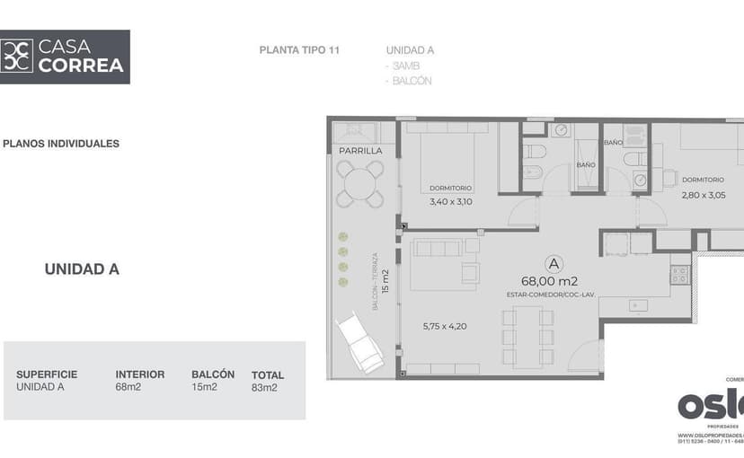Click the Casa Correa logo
(x=65, y=57)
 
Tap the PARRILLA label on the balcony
(x=360, y=151)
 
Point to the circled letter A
(x=554, y=263)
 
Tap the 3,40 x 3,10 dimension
(x=450, y=201)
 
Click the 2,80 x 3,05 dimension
(x=703, y=195)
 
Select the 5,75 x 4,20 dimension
(x=445, y=326)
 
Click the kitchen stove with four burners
(x=679, y=275)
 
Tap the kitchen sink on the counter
(x=638, y=305)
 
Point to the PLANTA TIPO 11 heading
(x=299, y=50)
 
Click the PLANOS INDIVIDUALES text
(x=61, y=144)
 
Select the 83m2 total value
(x=264, y=388)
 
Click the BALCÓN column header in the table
(x=213, y=374)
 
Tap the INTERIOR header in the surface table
(x=139, y=374)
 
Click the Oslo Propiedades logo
(x=710, y=405)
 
